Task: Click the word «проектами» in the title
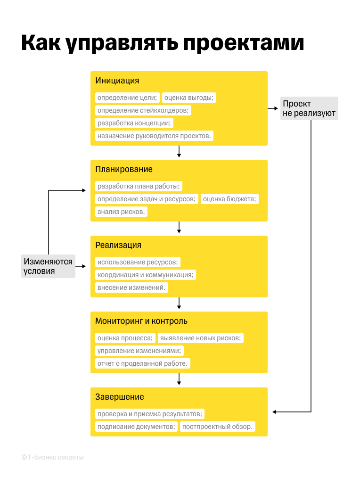(243, 42)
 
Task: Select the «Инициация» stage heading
(117, 81)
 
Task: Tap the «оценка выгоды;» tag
(189, 98)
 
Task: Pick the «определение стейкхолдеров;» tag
(143, 110)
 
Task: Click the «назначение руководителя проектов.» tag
(155, 136)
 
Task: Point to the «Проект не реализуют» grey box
(309, 108)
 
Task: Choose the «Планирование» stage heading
(124, 170)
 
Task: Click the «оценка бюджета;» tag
(229, 199)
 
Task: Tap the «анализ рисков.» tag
(122, 212)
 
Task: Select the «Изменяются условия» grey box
(48, 266)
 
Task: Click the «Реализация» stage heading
(118, 245)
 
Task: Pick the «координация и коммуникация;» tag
(146, 275)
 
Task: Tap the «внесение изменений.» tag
(132, 288)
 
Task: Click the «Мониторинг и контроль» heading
(141, 321)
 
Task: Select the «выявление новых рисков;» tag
(201, 338)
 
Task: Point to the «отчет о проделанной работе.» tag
(143, 363)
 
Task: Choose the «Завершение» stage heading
(120, 397)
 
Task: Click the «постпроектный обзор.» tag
(218, 427)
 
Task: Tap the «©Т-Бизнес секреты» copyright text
(52, 458)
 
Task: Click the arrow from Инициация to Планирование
(179, 152)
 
